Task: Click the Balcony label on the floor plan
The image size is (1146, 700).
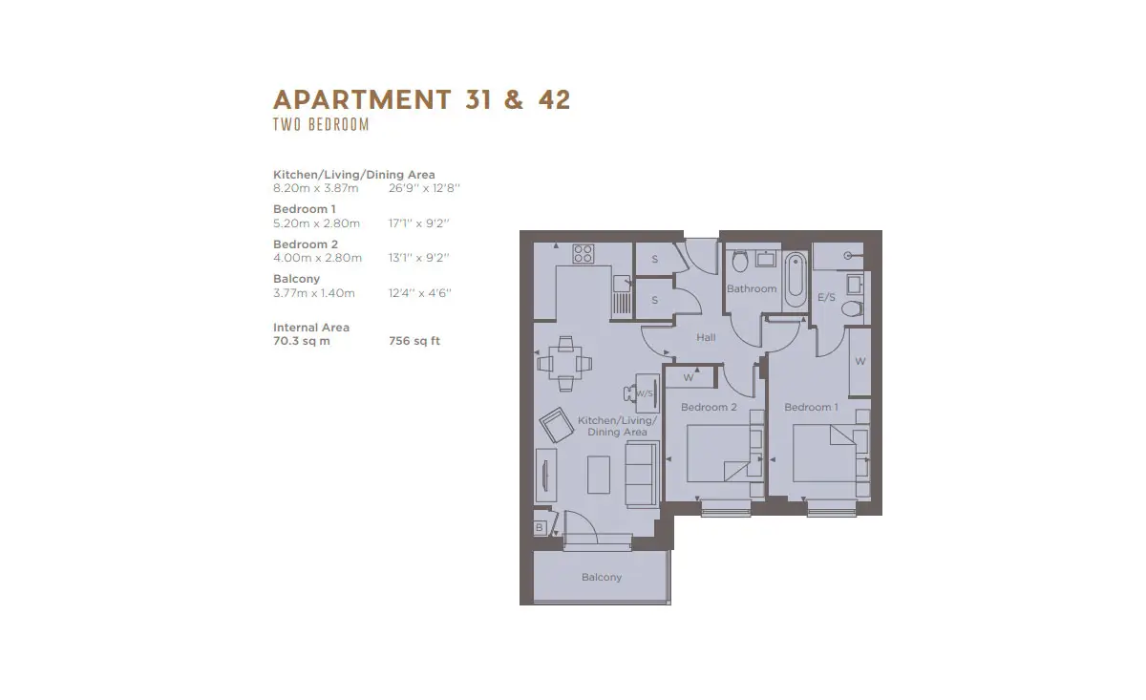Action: [x=601, y=577]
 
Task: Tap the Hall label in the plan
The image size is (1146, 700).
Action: [x=706, y=337]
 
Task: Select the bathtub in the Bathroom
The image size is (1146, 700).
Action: [x=795, y=280]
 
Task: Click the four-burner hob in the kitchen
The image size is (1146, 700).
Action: [x=584, y=253]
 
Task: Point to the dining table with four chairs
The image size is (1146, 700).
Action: [x=565, y=363]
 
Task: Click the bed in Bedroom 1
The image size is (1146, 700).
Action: [x=824, y=453]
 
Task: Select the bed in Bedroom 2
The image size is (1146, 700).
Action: [x=718, y=453]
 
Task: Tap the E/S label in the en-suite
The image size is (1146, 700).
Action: [x=826, y=297]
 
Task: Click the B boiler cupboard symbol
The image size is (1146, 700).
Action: [x=540, y=527]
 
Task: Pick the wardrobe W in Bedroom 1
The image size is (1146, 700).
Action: [x=860, y=362]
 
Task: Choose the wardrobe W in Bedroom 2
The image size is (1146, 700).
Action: [x=689, y=377]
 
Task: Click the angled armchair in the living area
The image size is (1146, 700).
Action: [x=557, y=425]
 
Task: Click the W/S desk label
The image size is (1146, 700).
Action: [x=644, y=393]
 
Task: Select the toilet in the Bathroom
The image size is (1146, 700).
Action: [x=740, y=261]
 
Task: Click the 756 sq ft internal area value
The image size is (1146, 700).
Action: [x=414, y=341]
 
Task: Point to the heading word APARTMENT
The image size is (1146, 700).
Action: [x=362, y=99]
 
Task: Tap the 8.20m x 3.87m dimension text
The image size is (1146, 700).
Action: [x=316, y=188]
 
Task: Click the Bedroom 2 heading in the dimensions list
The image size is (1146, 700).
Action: [x=306, y=244]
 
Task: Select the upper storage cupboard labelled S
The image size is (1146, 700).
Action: [x=655, y=259]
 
